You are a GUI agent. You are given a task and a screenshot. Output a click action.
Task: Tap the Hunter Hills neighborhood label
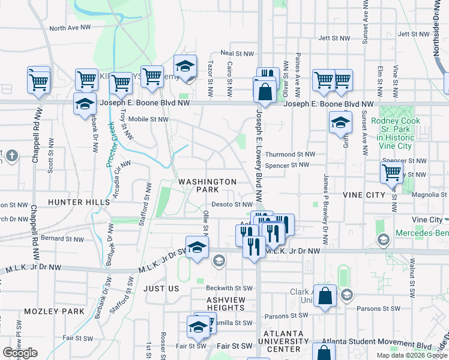pos(80,203)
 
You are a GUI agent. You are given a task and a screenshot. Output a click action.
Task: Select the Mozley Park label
pos(55,311)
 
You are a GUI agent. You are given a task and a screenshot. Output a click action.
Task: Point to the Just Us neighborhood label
pos(161,289)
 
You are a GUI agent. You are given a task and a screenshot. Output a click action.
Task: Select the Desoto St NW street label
pos(229,205)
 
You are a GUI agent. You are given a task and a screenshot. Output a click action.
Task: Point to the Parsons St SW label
pos(286,316)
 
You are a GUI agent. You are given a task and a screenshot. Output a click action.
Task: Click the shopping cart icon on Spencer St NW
pos(391,173)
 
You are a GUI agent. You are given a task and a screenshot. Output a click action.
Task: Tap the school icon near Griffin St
pos(340,123)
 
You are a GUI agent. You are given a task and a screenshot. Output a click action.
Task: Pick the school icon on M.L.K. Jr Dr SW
pos(197,248)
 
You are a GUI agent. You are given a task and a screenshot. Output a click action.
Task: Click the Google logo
pos(20,353)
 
